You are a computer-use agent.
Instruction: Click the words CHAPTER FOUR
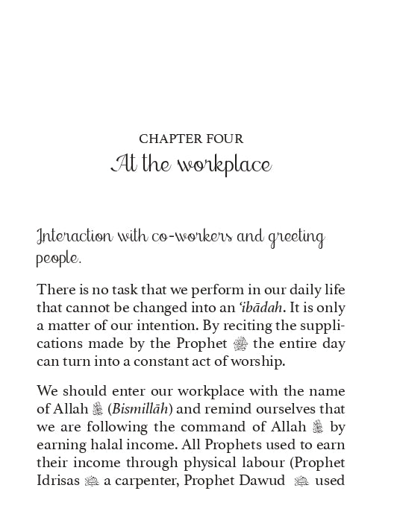[x=191, y=139]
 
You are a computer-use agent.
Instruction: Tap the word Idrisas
[x=59, y=480]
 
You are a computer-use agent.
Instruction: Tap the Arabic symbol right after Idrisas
[x=92, y=481]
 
